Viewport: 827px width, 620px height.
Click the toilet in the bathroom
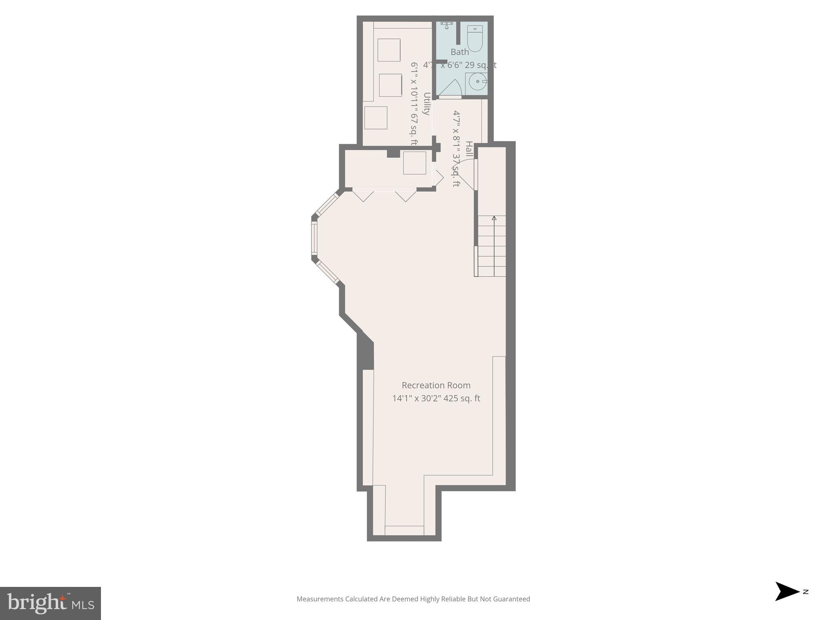point(474,38)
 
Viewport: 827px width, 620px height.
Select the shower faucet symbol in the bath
point(446,25)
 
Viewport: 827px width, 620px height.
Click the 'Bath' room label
point(460,52)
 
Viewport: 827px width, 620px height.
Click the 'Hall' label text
point(469,149)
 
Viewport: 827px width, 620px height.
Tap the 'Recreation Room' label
point(436,385)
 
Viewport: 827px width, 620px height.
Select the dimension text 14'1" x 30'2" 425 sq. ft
point(436,398)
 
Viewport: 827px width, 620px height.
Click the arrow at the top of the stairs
point(494,218)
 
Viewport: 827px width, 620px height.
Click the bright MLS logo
point(50,603)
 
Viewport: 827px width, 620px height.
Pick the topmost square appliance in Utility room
point(388,50)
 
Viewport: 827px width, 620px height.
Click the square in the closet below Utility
point(414,163)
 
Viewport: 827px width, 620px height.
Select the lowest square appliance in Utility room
point(376,118)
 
